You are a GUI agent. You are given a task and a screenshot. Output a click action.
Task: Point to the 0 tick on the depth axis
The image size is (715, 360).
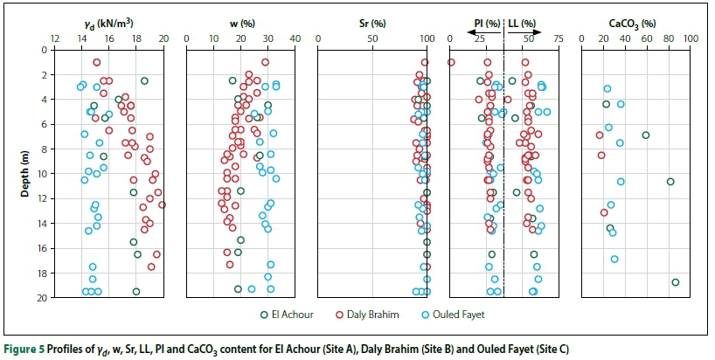coord(43,50)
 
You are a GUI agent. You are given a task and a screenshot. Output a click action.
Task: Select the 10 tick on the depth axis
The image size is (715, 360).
coord(40,174)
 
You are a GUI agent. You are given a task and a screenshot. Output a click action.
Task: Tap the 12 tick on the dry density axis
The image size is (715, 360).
coord(55,38)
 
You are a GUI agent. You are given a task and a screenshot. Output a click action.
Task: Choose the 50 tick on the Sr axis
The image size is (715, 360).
coord(371,38)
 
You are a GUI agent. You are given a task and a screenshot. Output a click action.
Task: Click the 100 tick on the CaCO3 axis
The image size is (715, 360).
coord(689,38)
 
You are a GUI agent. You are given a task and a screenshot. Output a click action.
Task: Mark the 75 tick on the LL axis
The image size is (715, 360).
coord(558,38)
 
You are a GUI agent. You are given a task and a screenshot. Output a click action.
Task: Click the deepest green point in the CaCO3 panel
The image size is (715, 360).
coord(676,282)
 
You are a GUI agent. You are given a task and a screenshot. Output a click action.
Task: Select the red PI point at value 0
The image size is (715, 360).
coord(451,62)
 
